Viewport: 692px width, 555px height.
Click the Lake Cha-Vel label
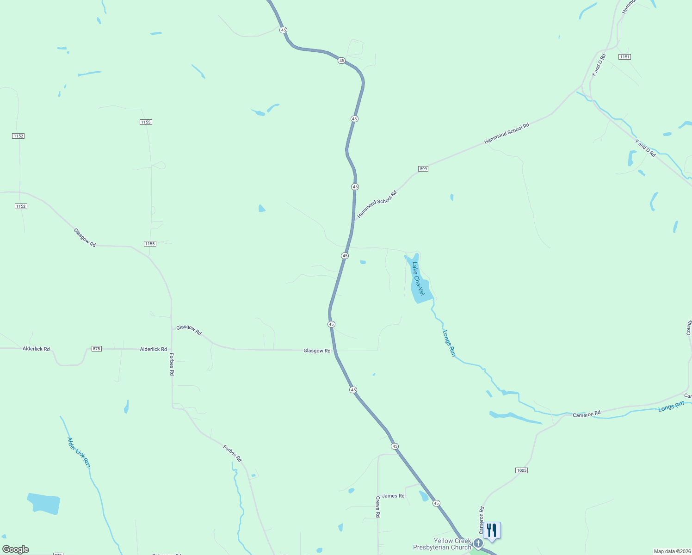pyautogui.click(x=418, y=279)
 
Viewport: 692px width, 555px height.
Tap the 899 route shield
pyautogui.click(x=423, y=169)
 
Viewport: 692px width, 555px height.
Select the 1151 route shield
pyautogui.click(x=624, y=57)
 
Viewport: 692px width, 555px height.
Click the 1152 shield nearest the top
pyautogui.click(x=19, y=136)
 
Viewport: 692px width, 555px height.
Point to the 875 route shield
pyautogui.click(x=96, y=349)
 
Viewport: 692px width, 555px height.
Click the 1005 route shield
pyautogui.click(x=521, y=470)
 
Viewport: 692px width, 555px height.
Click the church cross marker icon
pyautogui.click(x=478, y=543)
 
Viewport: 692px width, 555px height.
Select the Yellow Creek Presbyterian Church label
pyautogui.click(x=442, y=544)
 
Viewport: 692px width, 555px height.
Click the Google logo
pyautogui.click(x=16, y=549)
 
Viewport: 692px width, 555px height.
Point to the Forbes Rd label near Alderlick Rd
pyautogui.click(x=172, y=364)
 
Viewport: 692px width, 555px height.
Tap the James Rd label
pyautogui.click(x=393, y=496)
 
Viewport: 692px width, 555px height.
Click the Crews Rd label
pyautogui.click(x=378, y=507)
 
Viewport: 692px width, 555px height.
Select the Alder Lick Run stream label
pyautogui.click(x=78, y=452)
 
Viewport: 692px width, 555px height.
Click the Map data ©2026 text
pyautogui.click(x=672, y=551)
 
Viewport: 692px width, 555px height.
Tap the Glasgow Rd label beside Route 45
pyautogui.click(x=317, y=351)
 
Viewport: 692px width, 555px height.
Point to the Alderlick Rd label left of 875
pyautogui.click(x=36, y=349)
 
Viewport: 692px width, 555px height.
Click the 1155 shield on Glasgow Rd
pyautogui.click(x=150, y=244)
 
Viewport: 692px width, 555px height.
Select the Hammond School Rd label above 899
pyautogui.click(x=507, y=134)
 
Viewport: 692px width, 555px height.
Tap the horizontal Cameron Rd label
pyautogui.click(x=587, y=413)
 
